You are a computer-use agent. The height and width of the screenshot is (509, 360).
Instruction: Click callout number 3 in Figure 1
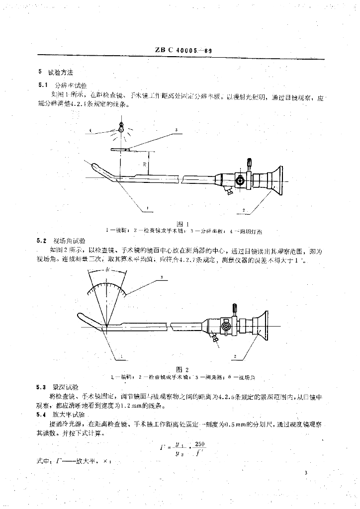pyautogui.click(x=176, y=130)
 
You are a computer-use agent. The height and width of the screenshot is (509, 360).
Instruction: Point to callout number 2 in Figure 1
pyautogui.click(x=244, y=211)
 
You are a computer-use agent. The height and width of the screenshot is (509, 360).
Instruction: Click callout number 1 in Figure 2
pyautogui.click(x=121, y=356)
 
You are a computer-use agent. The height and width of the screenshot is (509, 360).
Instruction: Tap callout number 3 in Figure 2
pyautogui.click(x=162, y=276)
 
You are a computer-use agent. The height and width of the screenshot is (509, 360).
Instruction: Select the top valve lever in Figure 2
pyautogui.click(x=233, y=310)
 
